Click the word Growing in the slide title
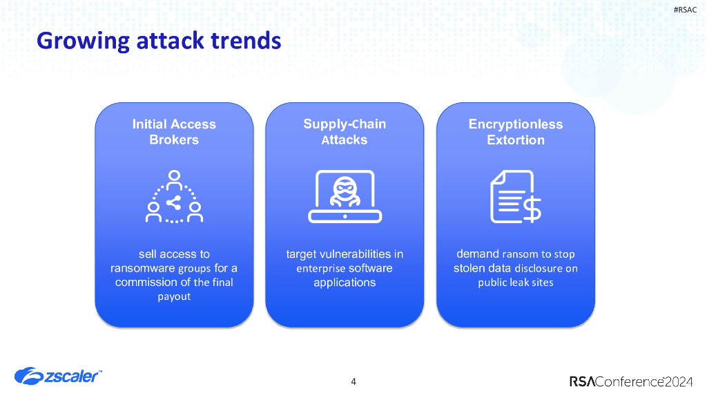click(x=84, y=41)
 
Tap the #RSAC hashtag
click(x=685, y=10)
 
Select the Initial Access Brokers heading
click(x=174, y=132)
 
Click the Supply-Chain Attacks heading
click(x=345, y=132)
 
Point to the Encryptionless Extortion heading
click(x=515, y=132)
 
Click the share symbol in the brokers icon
click(x=173, y=202)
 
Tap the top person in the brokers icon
click(x=174, y=180)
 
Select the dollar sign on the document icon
click(x=532, y=209)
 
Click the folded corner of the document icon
click(x=497, y=177)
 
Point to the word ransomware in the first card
click(x=143, y=269)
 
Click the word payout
click(x=174, y=297)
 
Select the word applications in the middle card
click(x=345, y=283)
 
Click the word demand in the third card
click(x=478, y=254)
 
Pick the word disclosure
click(x=539, y=269)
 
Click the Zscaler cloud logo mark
click(x=29, y=376)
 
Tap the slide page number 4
click(x=353, y=381)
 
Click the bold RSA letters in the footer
click(x=582, y=381)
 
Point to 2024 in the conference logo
click(x=679, y=381)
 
